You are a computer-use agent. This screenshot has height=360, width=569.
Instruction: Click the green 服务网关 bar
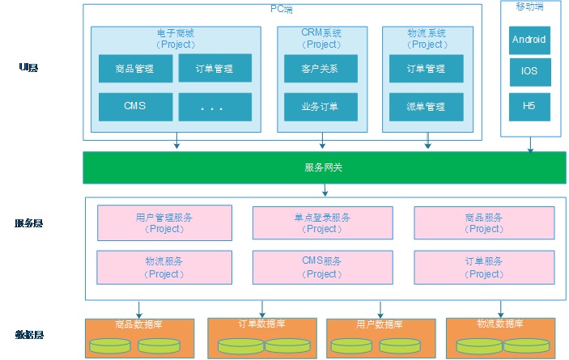pyautogui.click(x=325, y=167)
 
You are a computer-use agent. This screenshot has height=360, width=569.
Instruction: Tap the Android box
pyautogui.click(x=529, y=39)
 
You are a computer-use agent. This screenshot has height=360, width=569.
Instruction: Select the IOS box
pyautogui.click(x=529, y=71)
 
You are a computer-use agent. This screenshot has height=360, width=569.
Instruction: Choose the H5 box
pyautogui.click(x=529, y=106)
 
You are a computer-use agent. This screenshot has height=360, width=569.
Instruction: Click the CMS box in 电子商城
pyautogui.click(x=135, y=106)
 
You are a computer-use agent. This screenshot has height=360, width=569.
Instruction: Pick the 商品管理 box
pyautogui.click(x=135, y=69)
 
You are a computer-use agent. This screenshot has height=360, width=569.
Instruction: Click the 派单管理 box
pyautogui.click(x=427, y=106)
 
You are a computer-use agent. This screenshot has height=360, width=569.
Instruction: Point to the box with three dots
pyautogui.click(x=214, y=107)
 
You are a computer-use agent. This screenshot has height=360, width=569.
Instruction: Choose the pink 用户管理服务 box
pyautogui.click(x=164, y=222)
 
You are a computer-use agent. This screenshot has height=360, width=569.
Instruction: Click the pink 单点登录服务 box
pyautogui.click(x=322, y=222)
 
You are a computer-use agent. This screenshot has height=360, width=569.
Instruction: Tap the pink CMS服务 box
pyautogui.click(x=322, y=267)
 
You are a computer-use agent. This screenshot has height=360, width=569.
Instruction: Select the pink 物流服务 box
pyautogui.click(x=164, y=267)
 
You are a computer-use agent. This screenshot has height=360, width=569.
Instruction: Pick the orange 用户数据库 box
pyautogui.click(x=376, y=337)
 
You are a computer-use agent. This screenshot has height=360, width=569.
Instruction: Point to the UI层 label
pyautogui.click(x=28, y=68)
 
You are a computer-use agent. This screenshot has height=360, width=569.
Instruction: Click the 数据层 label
pyautogui.click(x=29, y=335)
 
